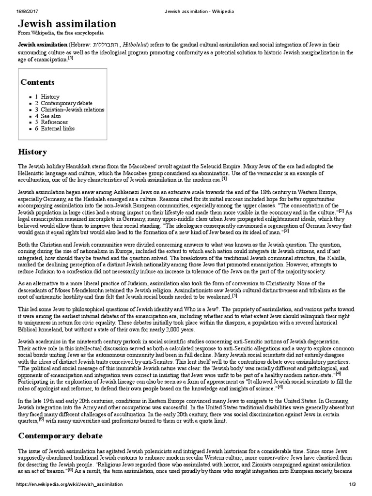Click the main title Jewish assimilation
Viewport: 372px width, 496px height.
pos(67,24)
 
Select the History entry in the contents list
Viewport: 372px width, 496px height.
pos(50,97)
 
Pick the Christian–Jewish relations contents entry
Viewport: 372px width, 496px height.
pos(72,109)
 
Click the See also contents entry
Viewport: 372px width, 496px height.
pos(51,116)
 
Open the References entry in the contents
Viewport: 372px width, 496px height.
pos(54,123)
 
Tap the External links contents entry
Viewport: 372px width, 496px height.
pos(58,129)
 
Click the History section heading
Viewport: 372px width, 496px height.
pos(32,152)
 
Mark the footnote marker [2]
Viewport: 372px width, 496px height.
pos(341,210)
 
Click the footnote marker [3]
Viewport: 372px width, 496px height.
pos(286,230)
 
